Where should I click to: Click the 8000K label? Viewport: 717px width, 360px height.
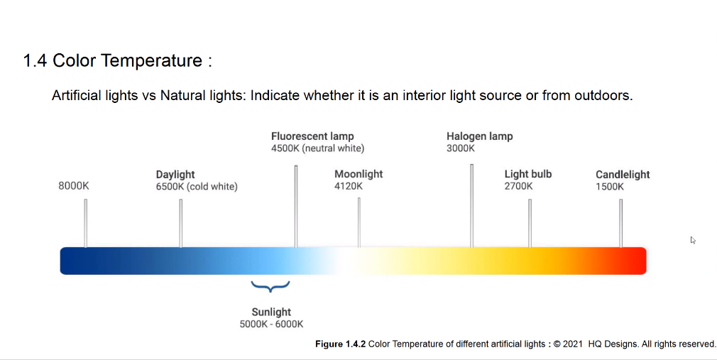point(74,186)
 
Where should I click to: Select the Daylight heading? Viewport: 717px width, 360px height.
point(175,174)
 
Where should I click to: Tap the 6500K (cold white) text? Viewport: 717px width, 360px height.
point(197,187)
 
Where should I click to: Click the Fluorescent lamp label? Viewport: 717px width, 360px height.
point(312,136)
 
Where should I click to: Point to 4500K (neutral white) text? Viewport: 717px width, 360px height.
point(318,148)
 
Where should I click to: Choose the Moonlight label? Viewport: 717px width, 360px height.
point(358,174)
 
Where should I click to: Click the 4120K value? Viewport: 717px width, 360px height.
point(349,186)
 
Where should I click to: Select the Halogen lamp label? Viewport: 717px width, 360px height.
point(480,136)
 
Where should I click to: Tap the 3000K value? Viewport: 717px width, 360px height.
point(461,148)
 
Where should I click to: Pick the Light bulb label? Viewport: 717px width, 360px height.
point(528,174)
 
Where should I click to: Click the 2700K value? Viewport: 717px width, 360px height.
point(518,186)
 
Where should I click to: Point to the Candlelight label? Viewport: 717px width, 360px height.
point(623,175)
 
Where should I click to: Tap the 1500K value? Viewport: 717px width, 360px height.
point(610,187)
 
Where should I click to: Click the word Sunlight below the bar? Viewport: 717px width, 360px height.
point(271,312)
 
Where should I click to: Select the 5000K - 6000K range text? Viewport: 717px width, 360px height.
point(271,324)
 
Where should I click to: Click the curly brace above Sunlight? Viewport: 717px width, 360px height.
point(270,286)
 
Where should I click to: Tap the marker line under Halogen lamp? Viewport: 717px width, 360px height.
point(472,206)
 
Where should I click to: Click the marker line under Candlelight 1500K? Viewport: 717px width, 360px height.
point(620,223)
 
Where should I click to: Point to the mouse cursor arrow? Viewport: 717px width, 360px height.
point(693,240)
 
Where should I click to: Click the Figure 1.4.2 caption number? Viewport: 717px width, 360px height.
point(340,344)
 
